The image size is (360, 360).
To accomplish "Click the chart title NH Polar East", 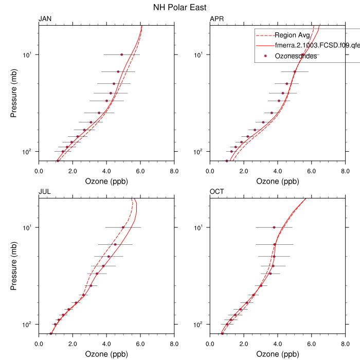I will pyautogui.click(x=180, y=7).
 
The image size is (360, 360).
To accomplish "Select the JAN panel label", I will pyautogui.click(x=45, y=19).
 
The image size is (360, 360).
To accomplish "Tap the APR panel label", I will pyautogui.click(x=217, y=19).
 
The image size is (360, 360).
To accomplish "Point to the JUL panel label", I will pyautogui.click(x=45, y=192).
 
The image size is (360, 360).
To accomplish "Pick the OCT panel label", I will pyautogui.click(x=217, y=192).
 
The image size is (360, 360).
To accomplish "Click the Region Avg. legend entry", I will pyautogui.click(x=292, y=35).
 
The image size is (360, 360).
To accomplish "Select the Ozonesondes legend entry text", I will pyautogui.click(x=296, y=56).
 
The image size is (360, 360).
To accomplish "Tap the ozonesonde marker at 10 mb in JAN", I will pyautogui.click(x=121, y=55).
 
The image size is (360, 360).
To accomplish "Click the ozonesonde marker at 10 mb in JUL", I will pyautogui.click(x=123, y=227).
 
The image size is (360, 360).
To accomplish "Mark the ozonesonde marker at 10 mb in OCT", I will pyautogui.click(x=274, y=227).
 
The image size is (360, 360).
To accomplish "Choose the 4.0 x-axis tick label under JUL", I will pyautogui.click(x=106, y=344).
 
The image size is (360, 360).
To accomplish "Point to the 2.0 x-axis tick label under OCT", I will pyautogui.click(x=244, y=344).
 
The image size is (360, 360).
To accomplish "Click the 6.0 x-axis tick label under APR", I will pyautogui.click(x=312, y=171).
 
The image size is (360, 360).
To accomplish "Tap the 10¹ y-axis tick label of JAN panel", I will pyautogui.click(x=29, y=55).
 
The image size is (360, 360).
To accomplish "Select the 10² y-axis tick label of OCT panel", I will pyautogui.click(x=201, y=324).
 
